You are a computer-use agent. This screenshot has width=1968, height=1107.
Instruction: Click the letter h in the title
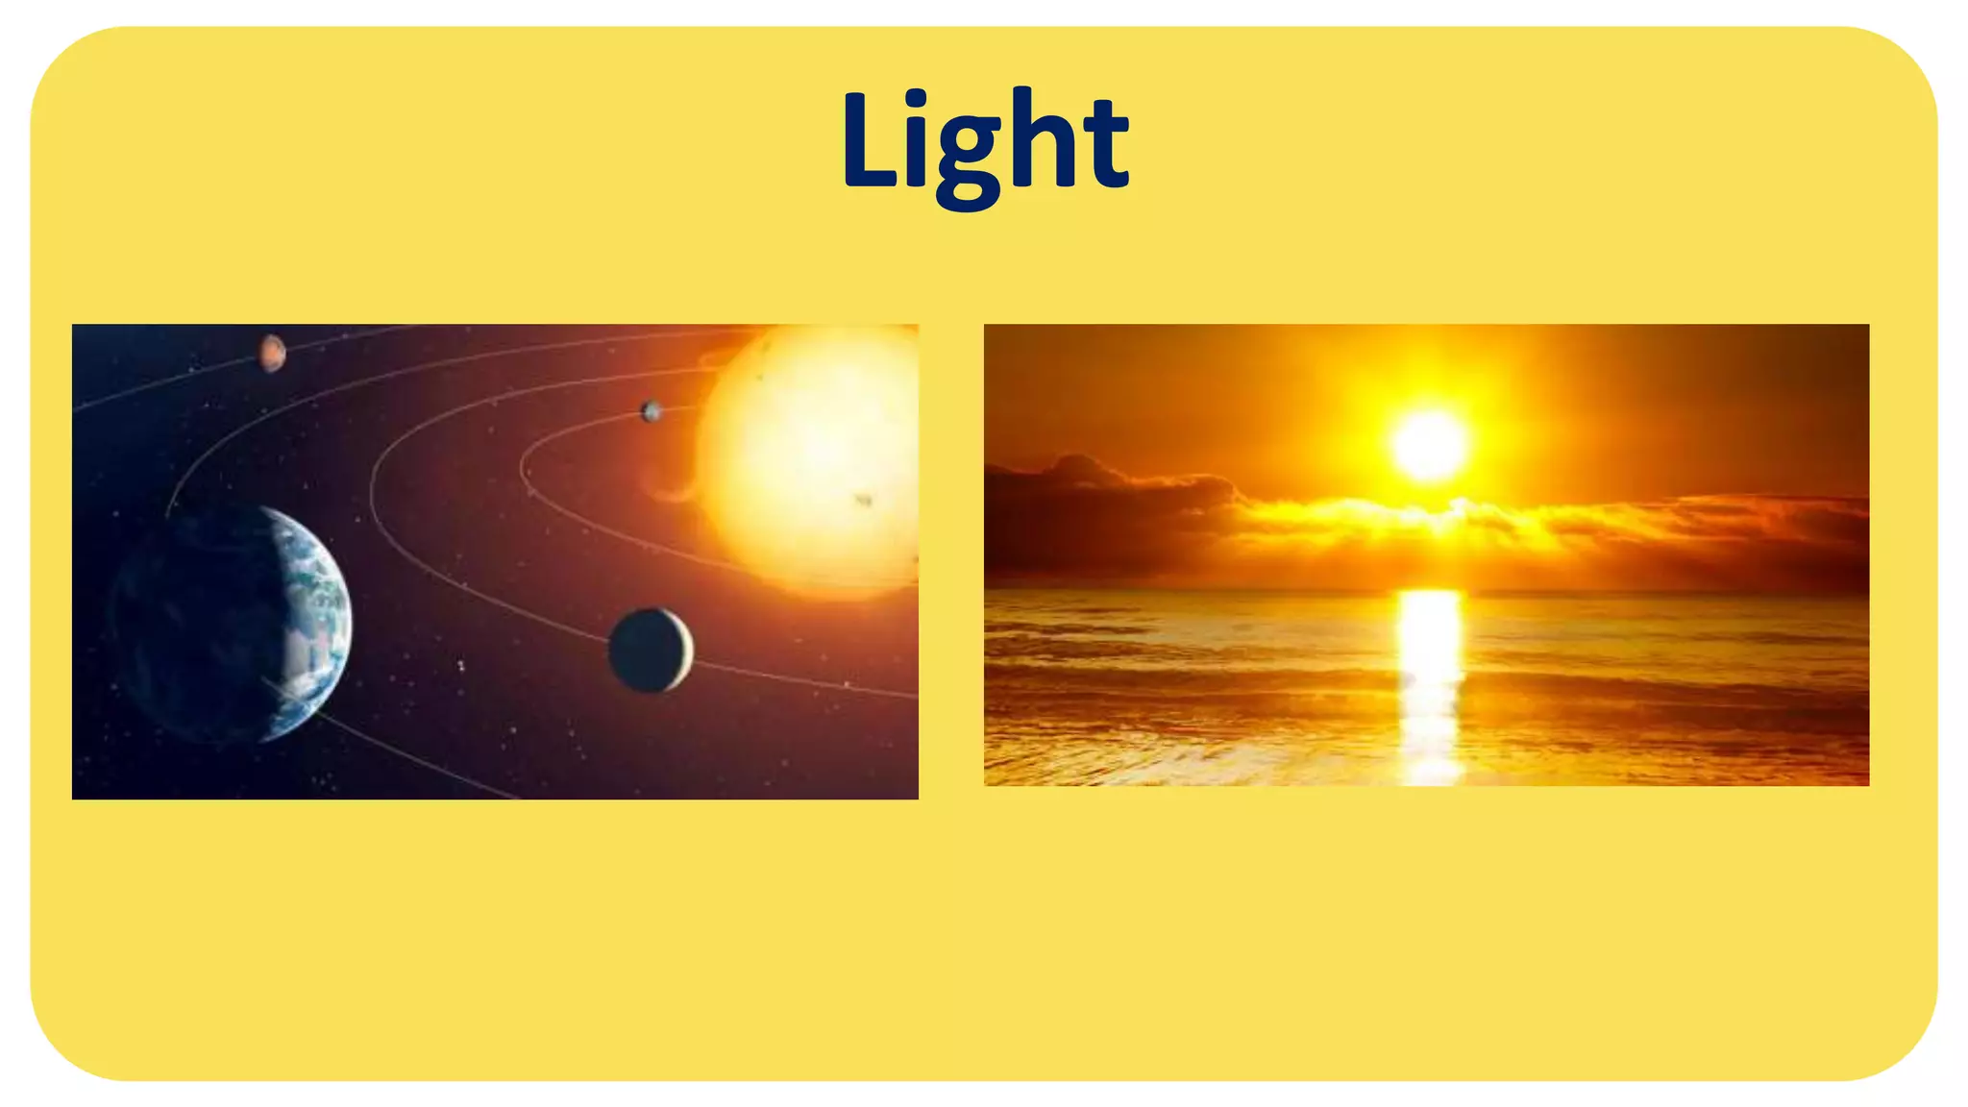point(1039,139)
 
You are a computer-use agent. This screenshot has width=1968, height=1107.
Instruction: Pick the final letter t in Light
point(1104,144)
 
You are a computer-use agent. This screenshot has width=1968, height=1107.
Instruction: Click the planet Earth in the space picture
point(231,625)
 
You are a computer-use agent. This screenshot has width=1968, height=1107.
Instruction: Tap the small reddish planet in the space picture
point(273,353)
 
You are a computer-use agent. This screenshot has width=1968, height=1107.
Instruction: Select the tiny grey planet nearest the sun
point(652,411)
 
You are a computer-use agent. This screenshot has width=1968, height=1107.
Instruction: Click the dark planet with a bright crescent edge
point(650,651)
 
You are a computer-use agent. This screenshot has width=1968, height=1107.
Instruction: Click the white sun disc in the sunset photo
point(1430,445)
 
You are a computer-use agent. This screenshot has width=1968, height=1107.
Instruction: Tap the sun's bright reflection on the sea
point(1430,673)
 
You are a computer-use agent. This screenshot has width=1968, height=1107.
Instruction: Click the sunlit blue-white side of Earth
point(312,615)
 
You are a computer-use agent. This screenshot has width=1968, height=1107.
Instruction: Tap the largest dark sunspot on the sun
point(863,500)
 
